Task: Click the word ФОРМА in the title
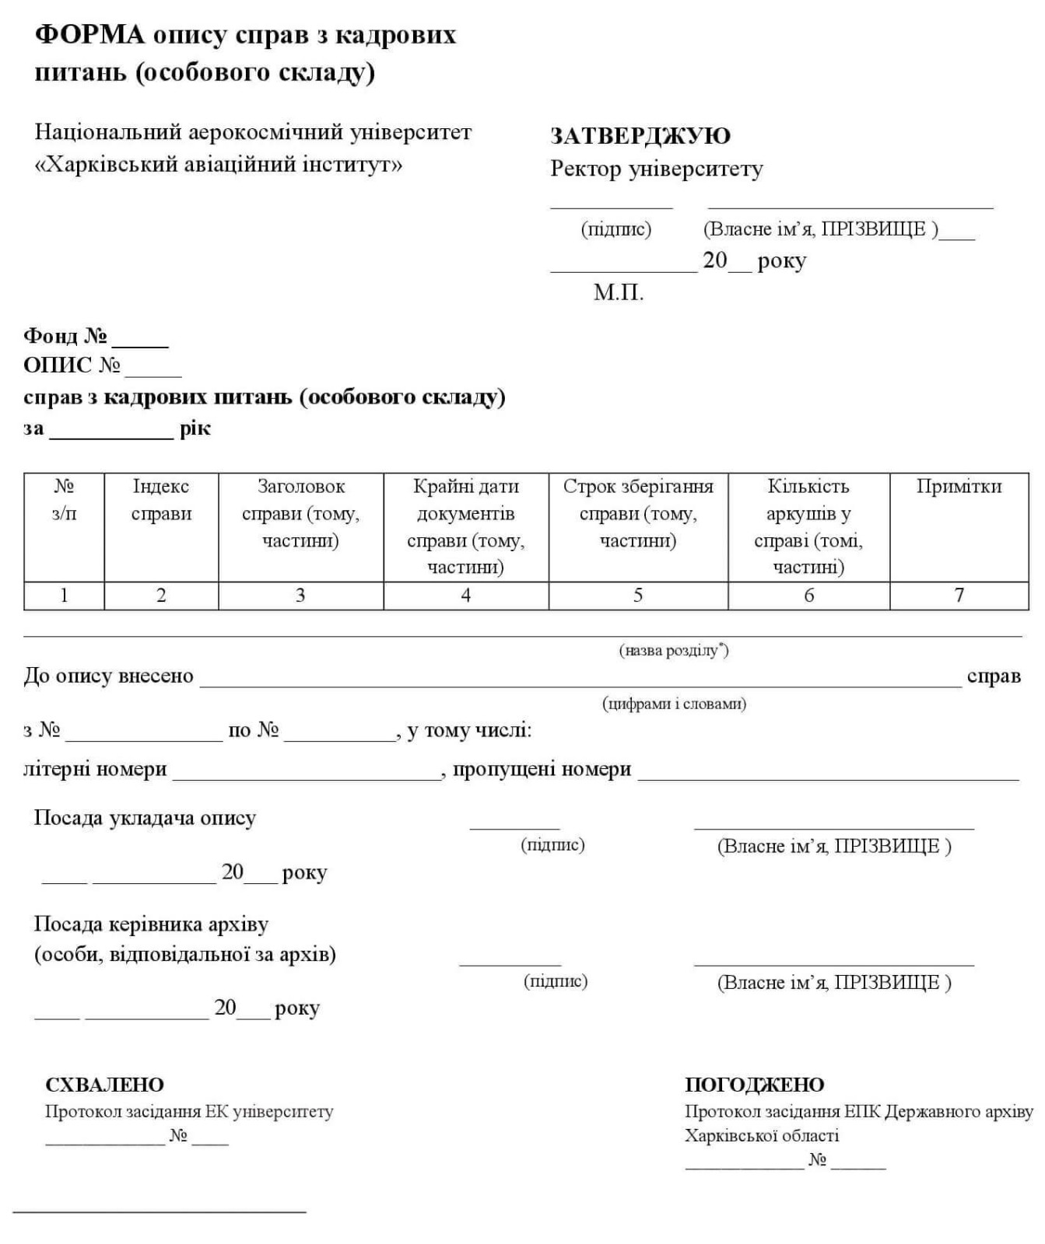click(x=90, y=35)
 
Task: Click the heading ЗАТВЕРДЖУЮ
click(x=640, y=136)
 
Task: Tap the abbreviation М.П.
click(x=619, y=292)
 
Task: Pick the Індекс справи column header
click(x=161, y=500)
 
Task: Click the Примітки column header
click(x=959, y=487)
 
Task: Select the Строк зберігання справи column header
click(x=638, y=513)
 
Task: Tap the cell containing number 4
click(x=465, y=596)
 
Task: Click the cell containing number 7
click(x=959, y=596)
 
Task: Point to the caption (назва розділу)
click(x=674, y=650)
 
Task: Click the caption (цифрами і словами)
click(x=674, y=704)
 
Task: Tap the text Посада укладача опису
click(x=145, y=818)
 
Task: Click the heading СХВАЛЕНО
click(x=104, y=1085)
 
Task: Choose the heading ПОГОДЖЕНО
click(x=754, y=1085)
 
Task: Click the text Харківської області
click(x=762, y=1135)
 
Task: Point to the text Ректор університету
click(x=657, y=169)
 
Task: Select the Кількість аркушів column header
click(x=808, y=526)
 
